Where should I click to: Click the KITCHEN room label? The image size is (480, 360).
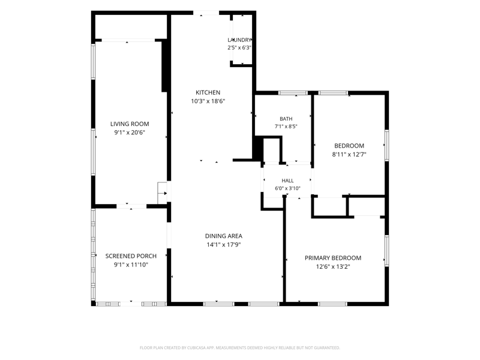(208, 92)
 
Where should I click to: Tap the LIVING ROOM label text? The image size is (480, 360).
(130, 124)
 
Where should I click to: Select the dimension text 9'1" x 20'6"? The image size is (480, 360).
(130, 133)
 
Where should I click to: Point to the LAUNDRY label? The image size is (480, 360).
(239, 40)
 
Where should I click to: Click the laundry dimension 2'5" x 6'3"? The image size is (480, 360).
(239, 47)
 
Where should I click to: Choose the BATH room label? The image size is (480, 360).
(286, 119)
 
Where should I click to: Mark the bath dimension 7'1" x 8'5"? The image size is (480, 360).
(286, 126)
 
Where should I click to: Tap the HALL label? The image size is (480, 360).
(287, 181)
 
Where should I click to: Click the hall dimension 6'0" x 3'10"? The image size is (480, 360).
(287, 188)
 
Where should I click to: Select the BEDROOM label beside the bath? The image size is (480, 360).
(349, 146)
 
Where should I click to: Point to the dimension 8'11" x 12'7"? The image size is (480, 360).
(349, 154)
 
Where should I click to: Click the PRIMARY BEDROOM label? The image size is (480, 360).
(333, 258)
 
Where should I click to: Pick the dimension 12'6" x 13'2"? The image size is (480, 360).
(333, 266)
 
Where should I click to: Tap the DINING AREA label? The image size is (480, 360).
(223, 236)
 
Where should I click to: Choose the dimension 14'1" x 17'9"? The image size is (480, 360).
(223, 245)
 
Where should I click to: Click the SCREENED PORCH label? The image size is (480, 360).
(131, 256)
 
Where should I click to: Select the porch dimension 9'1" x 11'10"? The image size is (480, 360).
(131, 265)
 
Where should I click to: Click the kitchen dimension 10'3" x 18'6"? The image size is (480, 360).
(208, 101)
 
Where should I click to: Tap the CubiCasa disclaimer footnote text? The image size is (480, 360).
(239, 348)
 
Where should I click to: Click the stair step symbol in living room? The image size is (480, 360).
(162, 193)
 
